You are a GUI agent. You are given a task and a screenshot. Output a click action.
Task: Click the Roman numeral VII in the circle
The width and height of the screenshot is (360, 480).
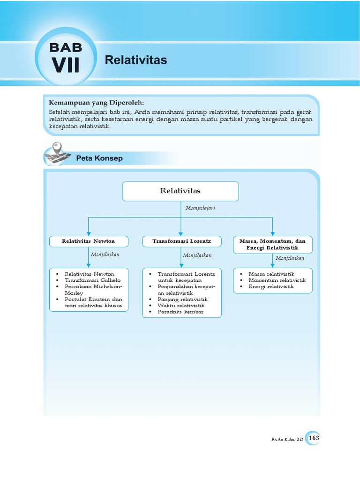pos(66,66)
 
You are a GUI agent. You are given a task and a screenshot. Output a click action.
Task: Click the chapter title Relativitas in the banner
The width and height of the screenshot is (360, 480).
pos(136,60)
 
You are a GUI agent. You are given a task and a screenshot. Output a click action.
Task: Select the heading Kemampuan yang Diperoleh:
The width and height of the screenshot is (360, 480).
pos(97,103)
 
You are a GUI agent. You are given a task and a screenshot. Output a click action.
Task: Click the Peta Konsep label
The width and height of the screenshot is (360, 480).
pos(99,158)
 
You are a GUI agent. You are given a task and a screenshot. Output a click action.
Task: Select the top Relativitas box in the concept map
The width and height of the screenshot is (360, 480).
pos(180,191)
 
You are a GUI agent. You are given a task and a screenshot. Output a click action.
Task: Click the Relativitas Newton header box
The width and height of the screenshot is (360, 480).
pos(89,241)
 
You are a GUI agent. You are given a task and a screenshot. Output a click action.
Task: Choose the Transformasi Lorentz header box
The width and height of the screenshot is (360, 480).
pos(181,241)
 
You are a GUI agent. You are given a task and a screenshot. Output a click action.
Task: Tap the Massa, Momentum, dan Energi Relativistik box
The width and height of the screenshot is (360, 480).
pos(272,244)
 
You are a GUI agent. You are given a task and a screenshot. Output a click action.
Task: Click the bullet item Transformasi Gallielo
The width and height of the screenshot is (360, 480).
pos(92,280)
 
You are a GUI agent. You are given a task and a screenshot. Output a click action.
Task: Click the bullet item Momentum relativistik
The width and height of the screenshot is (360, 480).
pos(277,280)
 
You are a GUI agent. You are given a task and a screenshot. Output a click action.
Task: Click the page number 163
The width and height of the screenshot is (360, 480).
pos(314,438)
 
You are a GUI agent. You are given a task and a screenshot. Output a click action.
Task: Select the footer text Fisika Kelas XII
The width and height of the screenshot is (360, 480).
pos(287,439)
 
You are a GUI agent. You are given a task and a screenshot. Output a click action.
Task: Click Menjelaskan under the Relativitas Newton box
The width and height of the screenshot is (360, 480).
pos(105,254)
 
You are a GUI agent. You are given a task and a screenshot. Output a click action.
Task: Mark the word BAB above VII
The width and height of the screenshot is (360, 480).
pos(66,47)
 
